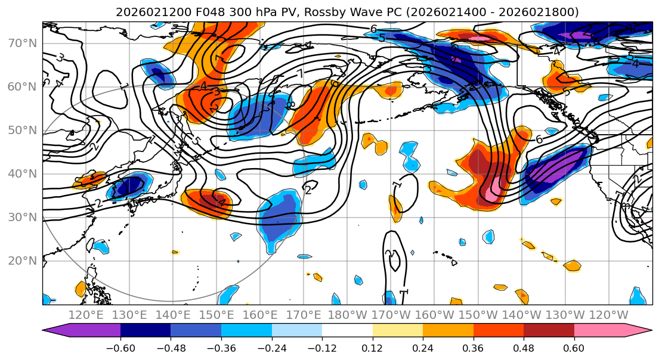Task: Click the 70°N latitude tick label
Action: (x=21, y=44)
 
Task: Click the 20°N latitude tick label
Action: (x=21, y=260)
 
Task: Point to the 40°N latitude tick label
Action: (x=21, y=174)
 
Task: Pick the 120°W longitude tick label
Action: (x=609, y=315)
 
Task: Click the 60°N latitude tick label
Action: (x=21, y=87)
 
